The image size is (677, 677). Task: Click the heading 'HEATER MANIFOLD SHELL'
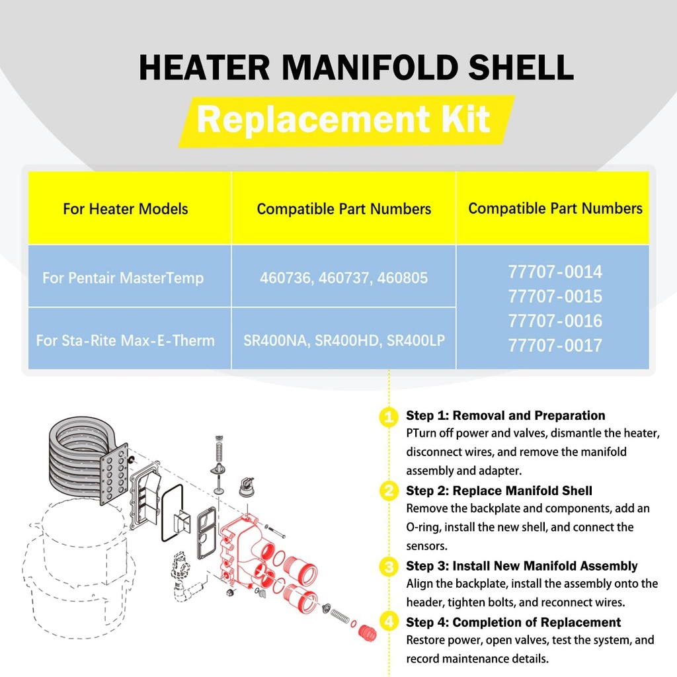[356, 68]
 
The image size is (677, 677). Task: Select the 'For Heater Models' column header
[126, 209]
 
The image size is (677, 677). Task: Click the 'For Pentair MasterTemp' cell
[123, 278]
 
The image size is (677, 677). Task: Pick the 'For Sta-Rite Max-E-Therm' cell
[126, 340]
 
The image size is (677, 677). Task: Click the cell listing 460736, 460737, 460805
[343, 278]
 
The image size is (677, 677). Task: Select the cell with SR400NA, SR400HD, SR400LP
[343, 340]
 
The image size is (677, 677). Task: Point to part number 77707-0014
[555, 272]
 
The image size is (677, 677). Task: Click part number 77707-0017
[555, 345]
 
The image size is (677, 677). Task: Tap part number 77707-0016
[555, 321]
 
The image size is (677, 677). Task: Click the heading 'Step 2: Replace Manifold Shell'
[498, 491]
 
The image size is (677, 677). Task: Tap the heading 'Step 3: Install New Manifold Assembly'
[521, 566]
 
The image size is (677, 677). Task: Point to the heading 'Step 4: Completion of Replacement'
[513, 622]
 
